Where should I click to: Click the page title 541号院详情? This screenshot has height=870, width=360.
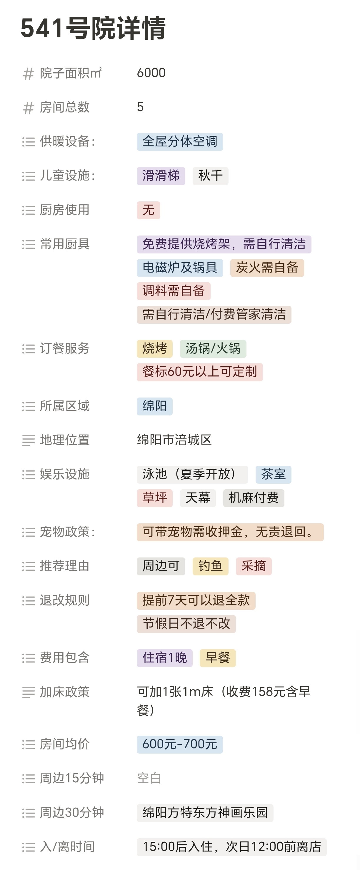coord(93,28)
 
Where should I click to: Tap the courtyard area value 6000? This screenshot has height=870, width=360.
coord(151,73)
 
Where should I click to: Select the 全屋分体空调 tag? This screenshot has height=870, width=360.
coord(180,141)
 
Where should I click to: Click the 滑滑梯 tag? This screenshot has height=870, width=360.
coord(161,176)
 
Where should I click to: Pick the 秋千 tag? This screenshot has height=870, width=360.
coord(210,176)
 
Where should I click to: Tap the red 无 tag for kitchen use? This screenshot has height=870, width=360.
coord(148,210)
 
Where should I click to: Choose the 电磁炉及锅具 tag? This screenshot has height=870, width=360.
coord(180,268)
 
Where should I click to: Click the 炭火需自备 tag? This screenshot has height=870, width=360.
coord(267,268)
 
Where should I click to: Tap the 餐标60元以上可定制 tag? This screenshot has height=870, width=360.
coord(200,372)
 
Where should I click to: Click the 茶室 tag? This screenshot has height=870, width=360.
coord(273,475)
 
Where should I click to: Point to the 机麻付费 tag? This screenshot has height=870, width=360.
coord(253,498)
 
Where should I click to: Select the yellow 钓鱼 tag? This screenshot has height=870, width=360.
coord(210,566)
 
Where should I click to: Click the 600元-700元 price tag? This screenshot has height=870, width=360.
coord(180,744)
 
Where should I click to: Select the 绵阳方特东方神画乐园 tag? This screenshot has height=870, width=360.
coord(205,813)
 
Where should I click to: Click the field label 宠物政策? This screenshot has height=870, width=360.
coord(64,532)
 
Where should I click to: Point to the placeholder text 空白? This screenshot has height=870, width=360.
coord(149,779)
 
